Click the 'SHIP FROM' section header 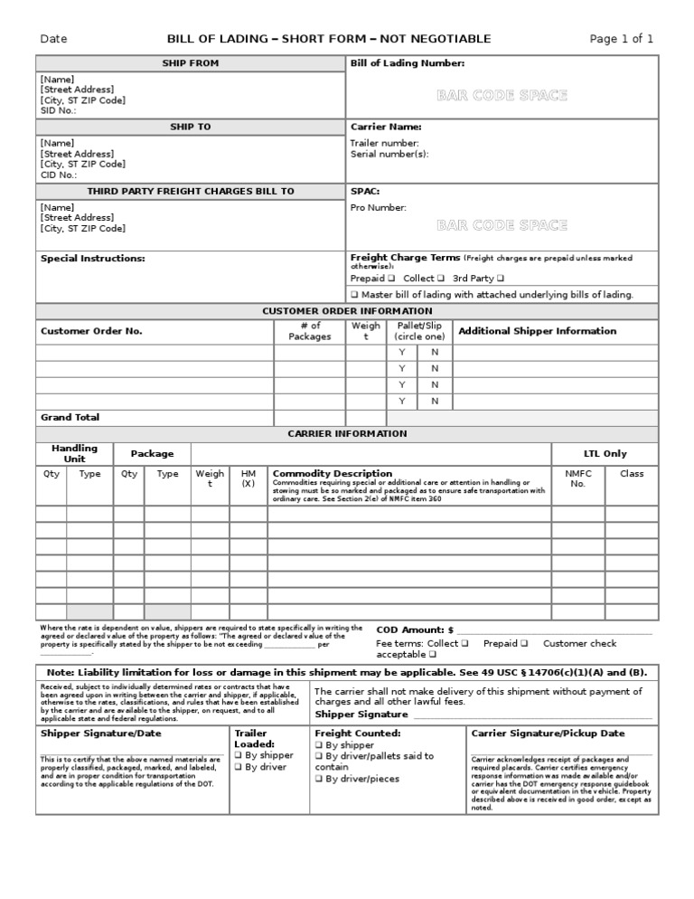click(190, 63)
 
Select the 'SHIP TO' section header click(190, 128)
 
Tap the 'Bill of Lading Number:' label click(408, 63)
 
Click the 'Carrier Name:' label click(386, 128)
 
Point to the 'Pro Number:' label click(379, 208)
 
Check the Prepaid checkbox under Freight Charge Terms click(391, 279)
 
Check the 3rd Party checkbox click(501, 279)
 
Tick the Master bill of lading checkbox click(355, 295)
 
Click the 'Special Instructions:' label click(92, 259)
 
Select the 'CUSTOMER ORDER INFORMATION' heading click(347, 311)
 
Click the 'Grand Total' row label click(70, 418)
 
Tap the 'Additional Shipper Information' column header click(538, 331)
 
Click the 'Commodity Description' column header click(333, 474)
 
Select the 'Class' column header click(632, 474)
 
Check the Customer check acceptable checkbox click(433, 655)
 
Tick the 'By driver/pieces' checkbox click(319, 779)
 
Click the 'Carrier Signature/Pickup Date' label click(548, 733)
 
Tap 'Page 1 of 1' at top click(621, 39)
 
